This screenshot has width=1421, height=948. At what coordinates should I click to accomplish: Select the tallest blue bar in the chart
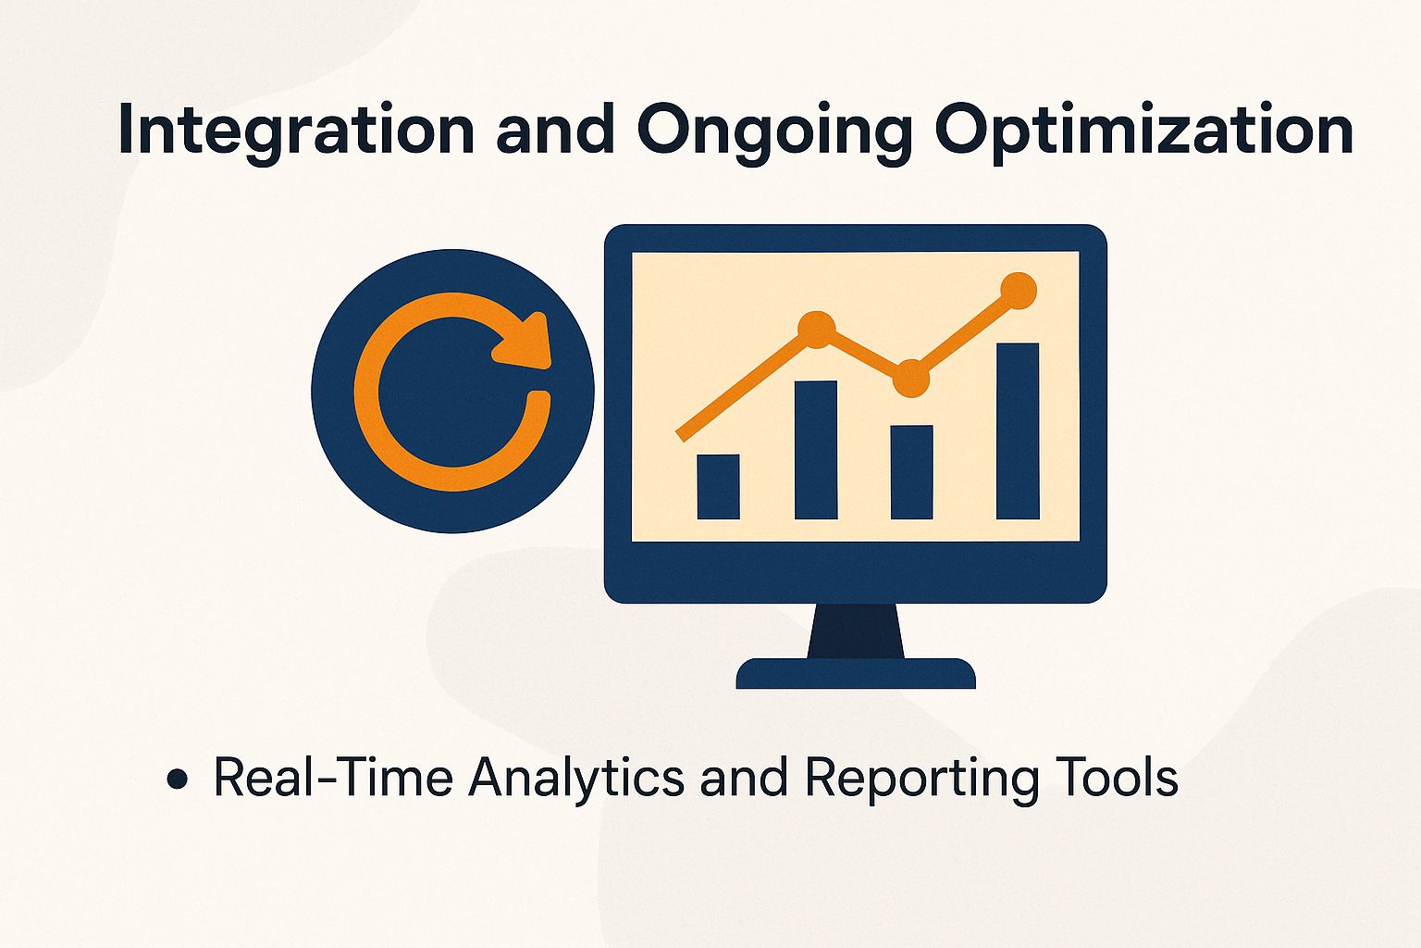tap(1018, 430)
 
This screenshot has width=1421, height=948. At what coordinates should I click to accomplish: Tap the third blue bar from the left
tap(911, 472)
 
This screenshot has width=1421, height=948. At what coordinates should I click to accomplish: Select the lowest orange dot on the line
tap(911, 378)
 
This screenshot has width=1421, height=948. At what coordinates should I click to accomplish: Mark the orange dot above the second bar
tap(816, 330)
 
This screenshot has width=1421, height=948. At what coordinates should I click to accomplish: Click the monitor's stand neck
tap(856, 631)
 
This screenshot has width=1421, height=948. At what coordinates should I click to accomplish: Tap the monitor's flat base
tap(856, 674)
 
